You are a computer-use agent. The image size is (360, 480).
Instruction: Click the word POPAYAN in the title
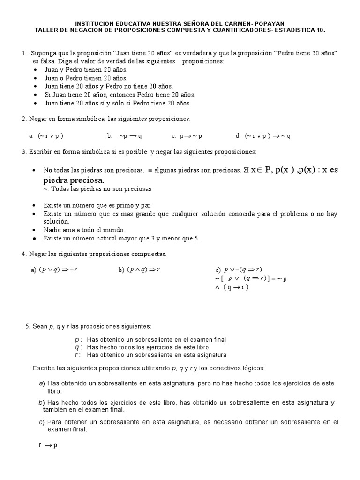pos(268,23)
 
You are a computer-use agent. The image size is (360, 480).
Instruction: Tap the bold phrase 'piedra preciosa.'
pos(74,180)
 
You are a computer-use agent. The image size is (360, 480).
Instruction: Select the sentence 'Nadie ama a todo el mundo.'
pos(84,230)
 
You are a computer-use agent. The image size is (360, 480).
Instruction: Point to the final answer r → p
pos(48,445)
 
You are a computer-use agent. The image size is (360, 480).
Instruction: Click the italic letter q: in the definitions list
pos(78,347)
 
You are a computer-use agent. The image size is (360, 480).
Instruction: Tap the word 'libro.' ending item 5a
pos(54,391)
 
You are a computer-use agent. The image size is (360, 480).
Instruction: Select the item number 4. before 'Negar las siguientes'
pos(24,254)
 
